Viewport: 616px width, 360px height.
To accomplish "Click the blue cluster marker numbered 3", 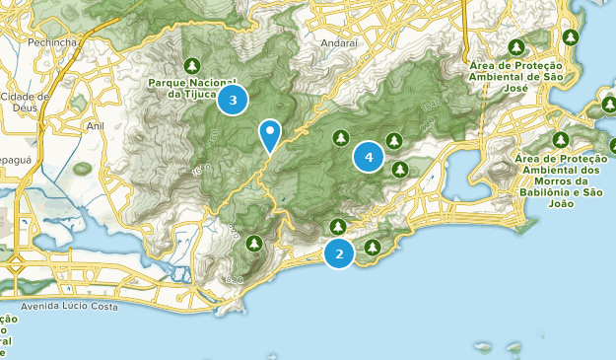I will pyautogui.click(x=233, y=100).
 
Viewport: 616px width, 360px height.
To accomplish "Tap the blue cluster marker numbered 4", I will pyautogui.click(x=369, y=156).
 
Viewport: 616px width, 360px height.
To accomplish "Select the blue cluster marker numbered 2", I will pyautogui.click(x=339, y=253).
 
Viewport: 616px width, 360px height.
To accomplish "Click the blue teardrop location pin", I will pyautogui.click(x=269, y=134).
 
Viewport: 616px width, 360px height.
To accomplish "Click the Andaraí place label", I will pyautogui.click(x=339, y=43).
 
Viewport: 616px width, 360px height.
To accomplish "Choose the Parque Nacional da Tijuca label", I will pyautogui.click(x=192, y=88).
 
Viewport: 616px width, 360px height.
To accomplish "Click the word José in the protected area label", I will pyautogui.click(x=516, y=89).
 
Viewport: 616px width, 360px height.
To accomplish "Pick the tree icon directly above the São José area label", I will pyautogui.click(x=516, y=46).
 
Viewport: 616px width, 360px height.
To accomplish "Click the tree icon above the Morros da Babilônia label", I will pyautogui.click(x=561, y=140).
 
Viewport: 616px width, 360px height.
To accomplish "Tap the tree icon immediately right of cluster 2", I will pyautogui.click(x=373, y=247).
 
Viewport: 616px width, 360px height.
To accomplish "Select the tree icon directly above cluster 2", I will pyautogui.click(x=338, y=226).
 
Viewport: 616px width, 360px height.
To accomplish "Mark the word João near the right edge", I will pyautogui.click(x=561, y=205).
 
